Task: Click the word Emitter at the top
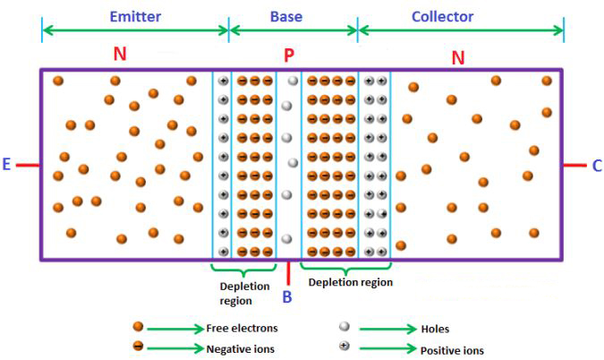tap(135, 16)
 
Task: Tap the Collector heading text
tap(442, 16)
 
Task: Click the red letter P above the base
tap(289, 56)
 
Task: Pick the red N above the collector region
tap(457, 58)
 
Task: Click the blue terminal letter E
tap(6, 165)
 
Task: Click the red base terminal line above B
tap(288, 272)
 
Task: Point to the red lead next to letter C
tap(574, 165)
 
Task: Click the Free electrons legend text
tap(242, 328)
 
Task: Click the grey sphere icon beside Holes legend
tap(344, 327)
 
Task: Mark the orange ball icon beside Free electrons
tap(138, 327)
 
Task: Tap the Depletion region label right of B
tap(350, 282)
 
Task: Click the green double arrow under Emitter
tap(135, 30)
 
